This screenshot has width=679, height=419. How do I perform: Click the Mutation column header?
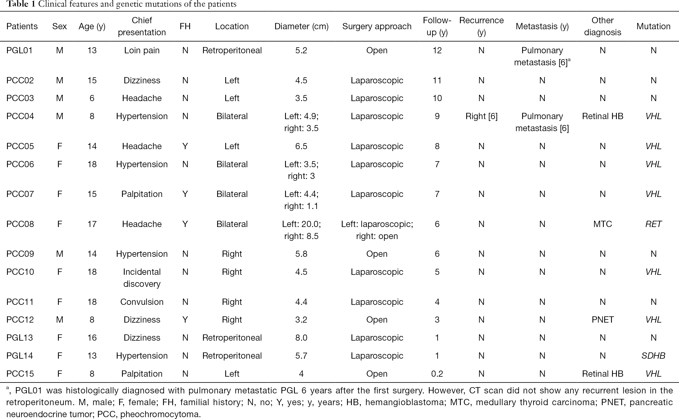coord(653,26)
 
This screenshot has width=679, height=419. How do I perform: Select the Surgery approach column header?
coord(377,26)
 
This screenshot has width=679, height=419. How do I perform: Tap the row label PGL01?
coord(19,50)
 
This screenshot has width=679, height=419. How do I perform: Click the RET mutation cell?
coord(653,224)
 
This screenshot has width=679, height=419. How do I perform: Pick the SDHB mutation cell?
coord(653,356)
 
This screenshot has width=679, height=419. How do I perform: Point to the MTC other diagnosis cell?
coord(602,224)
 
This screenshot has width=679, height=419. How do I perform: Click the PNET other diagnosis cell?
coord(602,319)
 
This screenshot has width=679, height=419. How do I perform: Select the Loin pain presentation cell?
coord(142,50)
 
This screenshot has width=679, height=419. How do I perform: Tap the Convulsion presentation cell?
coord(142,302)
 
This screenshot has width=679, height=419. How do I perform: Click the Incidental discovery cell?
coord(142,278)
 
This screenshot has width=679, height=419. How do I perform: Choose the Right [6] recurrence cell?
coord(481,116)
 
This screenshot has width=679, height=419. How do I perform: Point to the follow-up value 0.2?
coord(437,374)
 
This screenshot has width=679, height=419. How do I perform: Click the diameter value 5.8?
coord(301,254)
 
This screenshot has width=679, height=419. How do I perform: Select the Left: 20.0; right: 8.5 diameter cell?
coord(301,230)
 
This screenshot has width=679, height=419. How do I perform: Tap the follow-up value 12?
coord(437,50)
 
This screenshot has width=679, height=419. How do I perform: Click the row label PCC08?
coord(20,224)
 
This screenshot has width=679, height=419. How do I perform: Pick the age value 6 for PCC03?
coord(92,98)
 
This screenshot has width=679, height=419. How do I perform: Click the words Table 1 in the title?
coord(21,4)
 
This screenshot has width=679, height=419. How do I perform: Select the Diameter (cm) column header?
coord(301,26)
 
